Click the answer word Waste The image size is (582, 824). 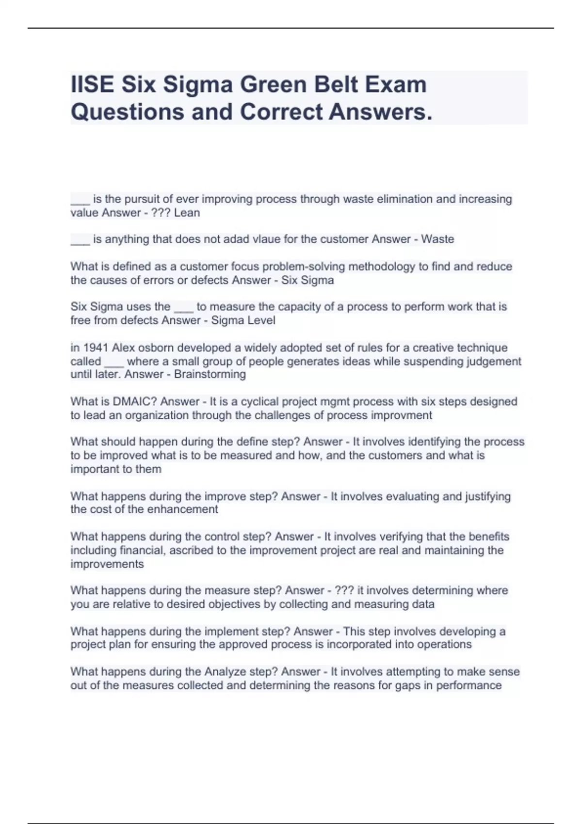point(437,239)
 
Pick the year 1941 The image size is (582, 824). point(95,348)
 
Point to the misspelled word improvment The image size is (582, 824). point(401,415)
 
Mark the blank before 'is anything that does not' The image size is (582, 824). point(80,240)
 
